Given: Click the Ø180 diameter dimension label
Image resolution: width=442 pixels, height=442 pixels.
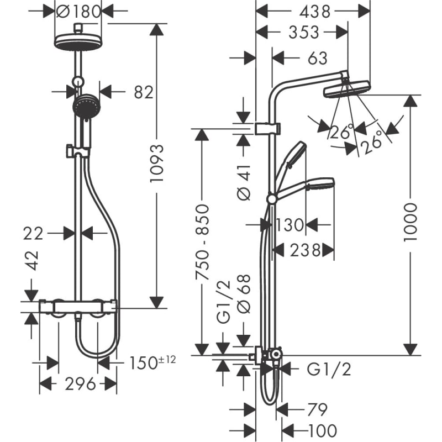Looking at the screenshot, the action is point(78,12).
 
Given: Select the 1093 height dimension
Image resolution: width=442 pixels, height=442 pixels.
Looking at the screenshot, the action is point(157,163).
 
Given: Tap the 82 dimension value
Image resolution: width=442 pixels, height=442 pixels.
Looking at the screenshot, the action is point(144,92).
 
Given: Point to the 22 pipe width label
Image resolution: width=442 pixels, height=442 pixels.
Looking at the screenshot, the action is point(33,234).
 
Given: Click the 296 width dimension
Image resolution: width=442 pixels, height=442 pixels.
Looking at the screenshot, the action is point(80,384).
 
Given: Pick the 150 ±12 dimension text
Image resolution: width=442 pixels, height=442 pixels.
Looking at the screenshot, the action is point(152,362).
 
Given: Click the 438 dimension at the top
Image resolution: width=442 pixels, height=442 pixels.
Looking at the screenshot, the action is point(314,12).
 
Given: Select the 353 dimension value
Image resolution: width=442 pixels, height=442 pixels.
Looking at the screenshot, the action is point(303,32).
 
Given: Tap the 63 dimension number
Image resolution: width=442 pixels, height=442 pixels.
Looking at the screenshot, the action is point(318,59).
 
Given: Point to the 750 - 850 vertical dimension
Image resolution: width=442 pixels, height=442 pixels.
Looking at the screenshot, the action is point(203,243).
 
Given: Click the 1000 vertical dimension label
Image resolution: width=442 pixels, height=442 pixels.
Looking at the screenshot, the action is point(410,222).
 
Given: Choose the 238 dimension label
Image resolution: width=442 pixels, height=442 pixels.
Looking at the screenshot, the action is point(306,250).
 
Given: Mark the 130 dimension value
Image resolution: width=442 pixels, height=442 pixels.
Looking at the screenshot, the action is point(289,225).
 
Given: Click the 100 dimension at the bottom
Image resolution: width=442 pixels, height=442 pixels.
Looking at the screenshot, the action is point(323,430).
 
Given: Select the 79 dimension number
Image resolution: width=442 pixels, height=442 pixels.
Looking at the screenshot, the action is point(317,409).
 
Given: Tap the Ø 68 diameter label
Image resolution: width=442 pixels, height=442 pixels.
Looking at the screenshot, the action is point(244,294).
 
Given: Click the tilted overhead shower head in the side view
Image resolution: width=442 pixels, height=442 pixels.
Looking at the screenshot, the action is point(347,88).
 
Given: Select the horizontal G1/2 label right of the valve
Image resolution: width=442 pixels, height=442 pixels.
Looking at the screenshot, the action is point(329,369).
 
